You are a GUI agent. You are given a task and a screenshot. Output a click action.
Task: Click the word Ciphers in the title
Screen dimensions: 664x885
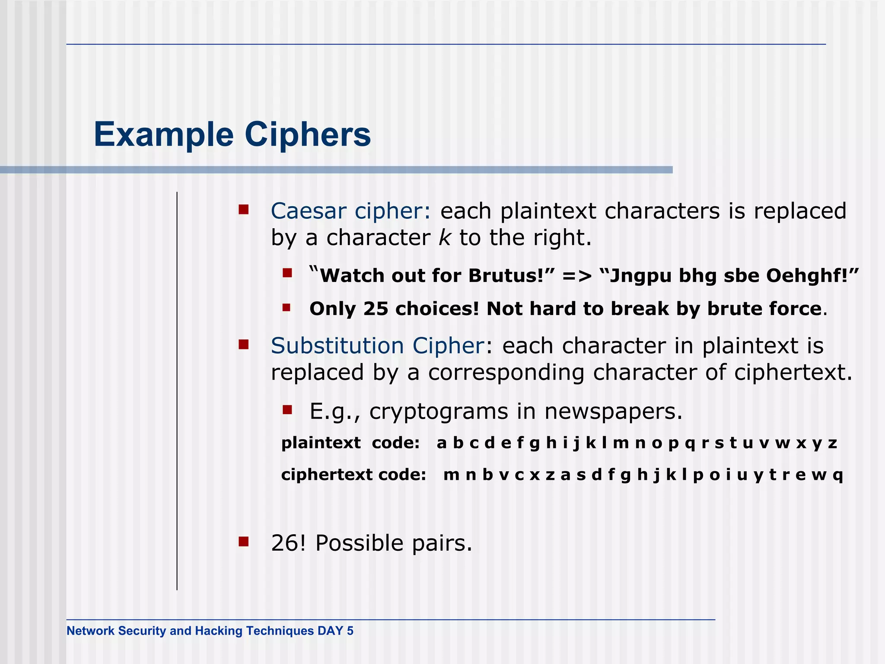308,134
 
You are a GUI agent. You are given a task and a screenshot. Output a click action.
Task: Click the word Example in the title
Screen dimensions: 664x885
164,134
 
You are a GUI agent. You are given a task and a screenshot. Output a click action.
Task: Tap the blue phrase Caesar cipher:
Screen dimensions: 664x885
350,211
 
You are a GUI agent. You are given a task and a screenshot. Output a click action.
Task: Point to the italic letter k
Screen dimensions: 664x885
444,237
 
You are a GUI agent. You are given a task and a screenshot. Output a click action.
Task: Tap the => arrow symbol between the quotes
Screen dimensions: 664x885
576,276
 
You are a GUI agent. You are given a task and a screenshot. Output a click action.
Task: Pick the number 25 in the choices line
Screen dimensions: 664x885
376,309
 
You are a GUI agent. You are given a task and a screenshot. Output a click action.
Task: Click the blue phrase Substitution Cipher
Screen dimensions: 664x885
377,345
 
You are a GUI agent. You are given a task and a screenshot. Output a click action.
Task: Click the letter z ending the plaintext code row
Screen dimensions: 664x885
832,443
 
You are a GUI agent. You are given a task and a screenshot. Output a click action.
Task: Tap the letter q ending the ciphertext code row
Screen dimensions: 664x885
837,475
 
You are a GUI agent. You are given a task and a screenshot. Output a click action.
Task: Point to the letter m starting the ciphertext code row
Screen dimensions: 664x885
451,475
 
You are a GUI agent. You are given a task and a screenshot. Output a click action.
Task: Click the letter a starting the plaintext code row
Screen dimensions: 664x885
441,443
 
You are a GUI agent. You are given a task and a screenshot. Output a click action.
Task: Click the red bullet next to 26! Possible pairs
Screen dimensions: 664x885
244,542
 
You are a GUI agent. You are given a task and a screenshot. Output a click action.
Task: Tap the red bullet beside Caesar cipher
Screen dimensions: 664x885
244,210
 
